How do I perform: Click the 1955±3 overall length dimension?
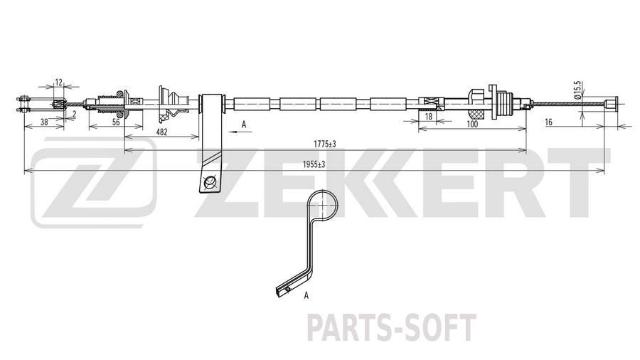point(314,164)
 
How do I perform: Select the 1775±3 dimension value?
point(324,144)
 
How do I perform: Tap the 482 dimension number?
point(162,132)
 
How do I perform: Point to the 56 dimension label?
point(116,122)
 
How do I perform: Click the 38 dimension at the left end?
point(45,122)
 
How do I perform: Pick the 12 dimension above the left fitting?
point(59,83)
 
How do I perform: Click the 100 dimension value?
point(472,124)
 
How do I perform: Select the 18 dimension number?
point(429,117)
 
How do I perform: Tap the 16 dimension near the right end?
point(548,122)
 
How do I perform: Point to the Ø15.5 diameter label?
point(577,90)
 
